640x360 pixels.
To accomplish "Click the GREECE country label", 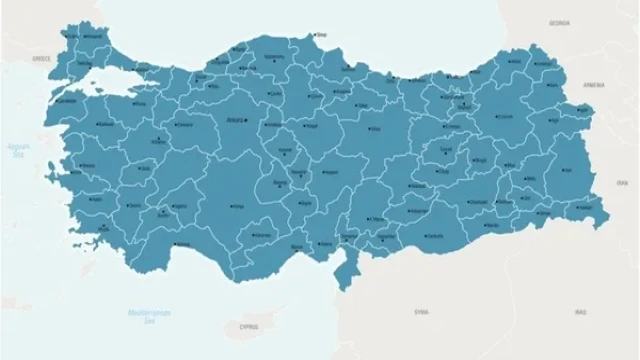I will (x=41, y=59).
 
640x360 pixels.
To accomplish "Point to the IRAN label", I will (x=622, y=181).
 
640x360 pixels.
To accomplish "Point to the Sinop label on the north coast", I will (x=322, y=38).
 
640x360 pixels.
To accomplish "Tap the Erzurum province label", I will (x=504, y=115).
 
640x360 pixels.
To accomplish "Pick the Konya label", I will (x=238, y=207).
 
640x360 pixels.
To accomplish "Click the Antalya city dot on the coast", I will (x=177, y=245).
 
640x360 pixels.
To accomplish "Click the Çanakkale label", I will (x=67, y=99).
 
